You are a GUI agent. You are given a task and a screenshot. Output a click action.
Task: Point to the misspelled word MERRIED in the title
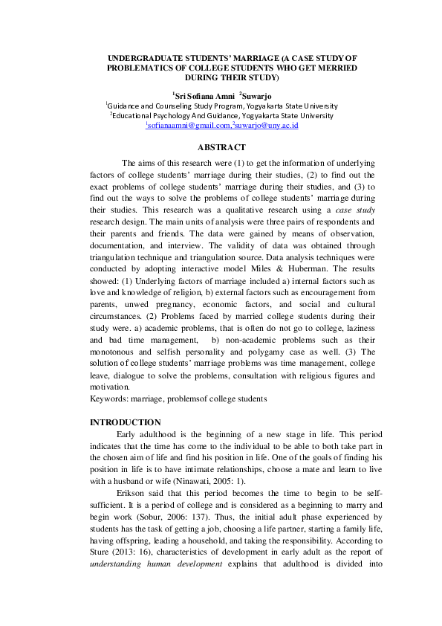pos(334,67)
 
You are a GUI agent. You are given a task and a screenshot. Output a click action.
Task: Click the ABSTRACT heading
pos(221,147)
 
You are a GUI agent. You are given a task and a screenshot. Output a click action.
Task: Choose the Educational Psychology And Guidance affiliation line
pos(221,116)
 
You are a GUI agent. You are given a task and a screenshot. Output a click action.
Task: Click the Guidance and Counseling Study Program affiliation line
pos(221,106)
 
